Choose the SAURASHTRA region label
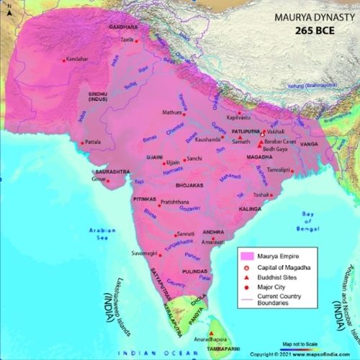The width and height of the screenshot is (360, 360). (109, 172)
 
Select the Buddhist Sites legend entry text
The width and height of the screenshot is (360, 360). (287, 276)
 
